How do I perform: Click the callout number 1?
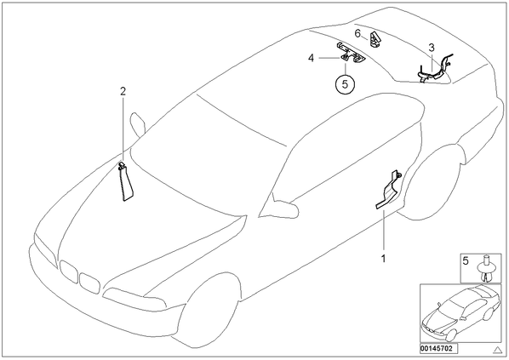click(383, 259)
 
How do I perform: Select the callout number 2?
click(123, 92)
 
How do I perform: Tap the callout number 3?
click(431, 48)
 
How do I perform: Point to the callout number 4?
click(311, 58)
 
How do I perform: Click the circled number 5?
click(345, 84)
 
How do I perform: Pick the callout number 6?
click(357, 33)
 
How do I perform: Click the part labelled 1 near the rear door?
click(389, 191)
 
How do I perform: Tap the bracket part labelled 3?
click(435, 70)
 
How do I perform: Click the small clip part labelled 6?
click(375, 39)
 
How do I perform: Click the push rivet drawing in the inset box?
click(486, 269)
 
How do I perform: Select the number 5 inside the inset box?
click(466, 261)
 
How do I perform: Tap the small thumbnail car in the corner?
click(461, 313)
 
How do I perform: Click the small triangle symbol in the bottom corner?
click(498, 350)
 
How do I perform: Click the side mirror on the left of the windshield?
click(137, 124)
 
